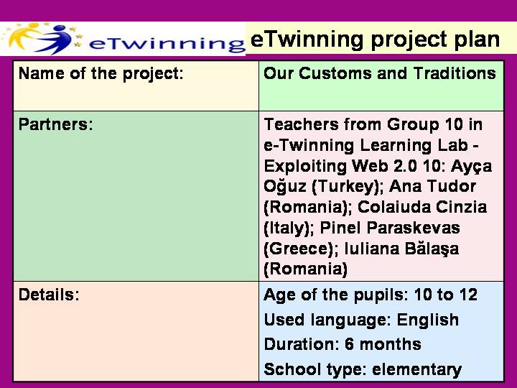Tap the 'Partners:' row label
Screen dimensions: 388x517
click(56, 124)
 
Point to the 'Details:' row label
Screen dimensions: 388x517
click(49, 295)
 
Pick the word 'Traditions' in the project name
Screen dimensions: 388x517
click(455, 73)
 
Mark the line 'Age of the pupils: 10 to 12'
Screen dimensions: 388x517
click(371, 295)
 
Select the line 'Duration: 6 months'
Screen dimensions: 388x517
click(343, 344)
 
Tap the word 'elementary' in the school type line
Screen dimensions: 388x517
click(416, 370)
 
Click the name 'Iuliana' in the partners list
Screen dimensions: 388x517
click(375, 249)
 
